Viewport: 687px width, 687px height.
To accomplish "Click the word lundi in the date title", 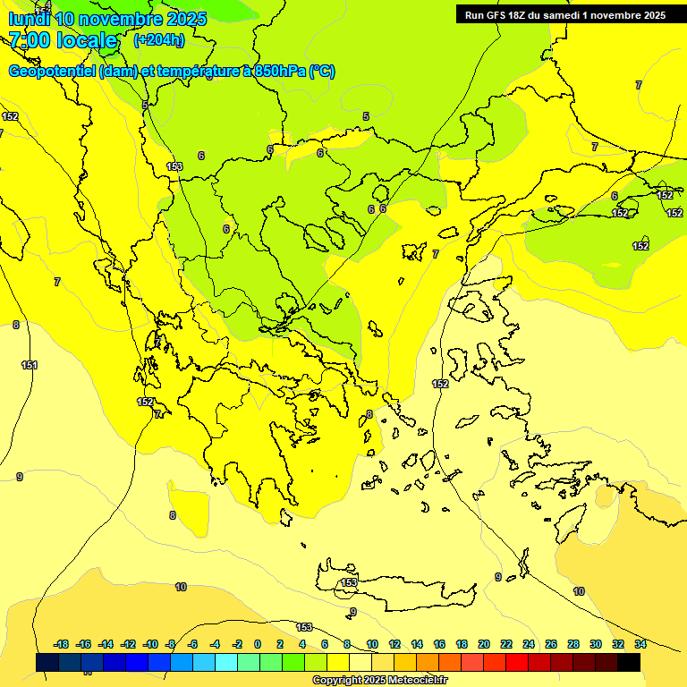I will (x=29, y=19).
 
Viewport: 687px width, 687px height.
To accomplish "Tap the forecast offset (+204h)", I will (x=159, y=39).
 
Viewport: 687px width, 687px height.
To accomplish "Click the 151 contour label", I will (x=30, y=365).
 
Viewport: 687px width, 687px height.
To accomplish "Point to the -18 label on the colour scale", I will (x=61, y=644).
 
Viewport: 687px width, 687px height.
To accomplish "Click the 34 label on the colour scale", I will (x=640, y=644).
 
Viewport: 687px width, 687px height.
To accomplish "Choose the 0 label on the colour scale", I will (x=258, y=644).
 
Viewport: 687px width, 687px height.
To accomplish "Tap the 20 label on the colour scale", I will (x=484, y=644).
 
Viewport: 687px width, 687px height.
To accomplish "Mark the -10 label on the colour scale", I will (x=149, y=644).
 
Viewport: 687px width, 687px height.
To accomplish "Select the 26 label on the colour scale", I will (x=551, y=644).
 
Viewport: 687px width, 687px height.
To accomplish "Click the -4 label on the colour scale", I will (x=215, y=644).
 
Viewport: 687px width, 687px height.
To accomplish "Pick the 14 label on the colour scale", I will (x=417, y=644).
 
